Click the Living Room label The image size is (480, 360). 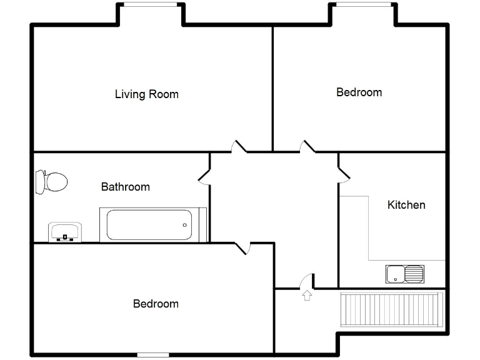point(146,94)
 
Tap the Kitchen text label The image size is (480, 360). point(406,205)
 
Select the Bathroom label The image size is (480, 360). point(126,187)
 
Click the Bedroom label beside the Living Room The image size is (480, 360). point(359,92)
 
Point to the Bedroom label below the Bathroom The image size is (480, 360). point(156,304)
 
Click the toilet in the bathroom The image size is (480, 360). point(51,182)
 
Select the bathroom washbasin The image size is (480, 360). point(65,232)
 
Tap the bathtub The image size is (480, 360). point(149,225)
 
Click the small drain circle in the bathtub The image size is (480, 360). point(185,225)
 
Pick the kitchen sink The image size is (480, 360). point(405,274)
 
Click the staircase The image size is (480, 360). point(391,309)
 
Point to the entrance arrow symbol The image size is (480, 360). point(307,295)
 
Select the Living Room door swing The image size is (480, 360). point(239,147)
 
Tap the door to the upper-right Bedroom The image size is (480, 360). point(307,147)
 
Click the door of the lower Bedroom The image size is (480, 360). point(243,248)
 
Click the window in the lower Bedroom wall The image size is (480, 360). point(153,355)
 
